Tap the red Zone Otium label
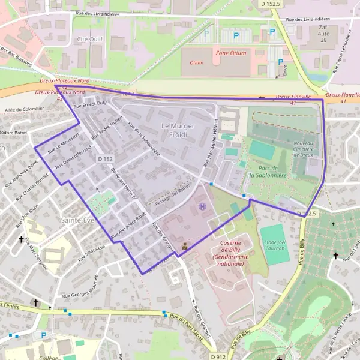(230, 53)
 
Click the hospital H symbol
(202, 206)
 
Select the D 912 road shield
(219, 356)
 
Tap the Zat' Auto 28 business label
(323, 33)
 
